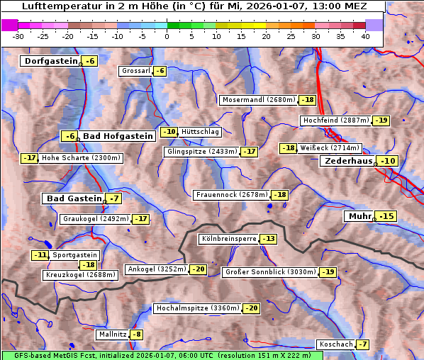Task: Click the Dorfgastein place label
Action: pyautogui.click(x=50, y=61)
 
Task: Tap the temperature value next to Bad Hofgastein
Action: pyautogui.click(x=69, y=136)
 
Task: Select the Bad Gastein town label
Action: pyautogui.click(x=74, y=198)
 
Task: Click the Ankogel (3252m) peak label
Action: pyautogui.click(x=157, y=269)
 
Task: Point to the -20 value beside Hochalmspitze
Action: pyautogui.click(x=252, y=308)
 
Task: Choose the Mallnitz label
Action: pyautogui.click(x=112, y=334)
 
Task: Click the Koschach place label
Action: pyautogui.click(x=335, y=344)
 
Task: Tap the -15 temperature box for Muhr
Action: pyautogui.click(x=386, y=216)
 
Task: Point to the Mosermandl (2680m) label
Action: pyautogui.click(x=258, y=100)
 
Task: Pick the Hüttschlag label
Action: pyautogui.click(x=201, y=132)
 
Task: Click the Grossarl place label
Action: pyautogui.click(x=136, y=71)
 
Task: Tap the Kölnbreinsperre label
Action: pyautogui.click(x=228, y=239)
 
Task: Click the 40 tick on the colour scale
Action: pyautogui.click(x=365, y=36)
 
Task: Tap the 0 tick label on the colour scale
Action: pyautogui.click(x=167, y=36)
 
